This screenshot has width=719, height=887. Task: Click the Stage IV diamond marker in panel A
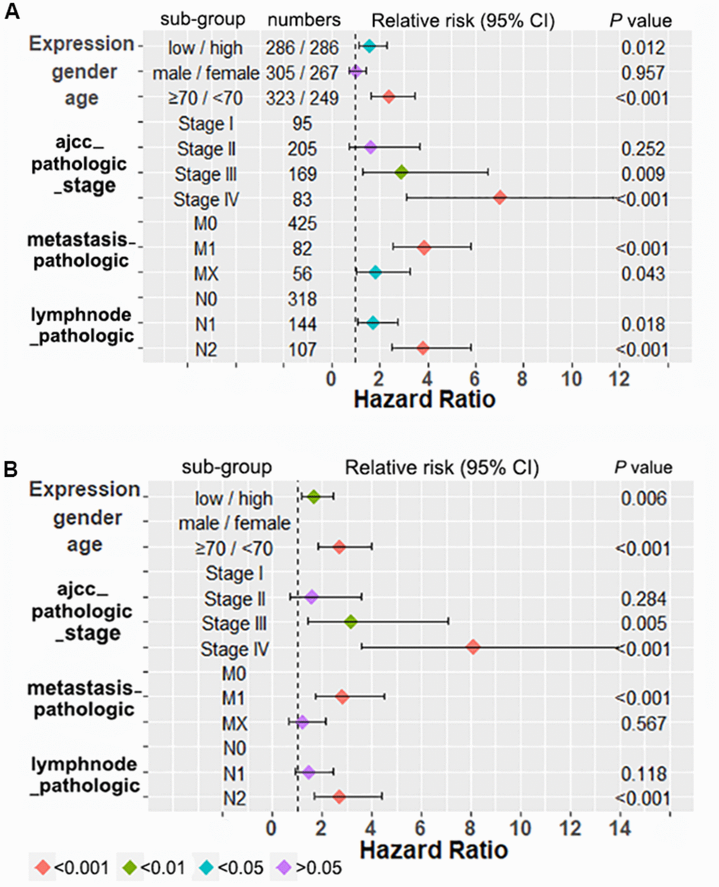[500, 198]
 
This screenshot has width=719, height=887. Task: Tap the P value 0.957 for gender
[642, 73]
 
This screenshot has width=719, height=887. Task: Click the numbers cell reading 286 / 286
[302, 48]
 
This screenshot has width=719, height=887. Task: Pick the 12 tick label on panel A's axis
[620, 378]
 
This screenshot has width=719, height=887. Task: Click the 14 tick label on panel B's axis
[621, 826]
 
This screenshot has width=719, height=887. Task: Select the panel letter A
[11, 14]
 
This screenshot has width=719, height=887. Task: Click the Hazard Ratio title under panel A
[424, 399]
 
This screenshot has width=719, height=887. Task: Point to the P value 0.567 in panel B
[643, 723]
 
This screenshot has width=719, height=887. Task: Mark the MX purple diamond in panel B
[302, 723]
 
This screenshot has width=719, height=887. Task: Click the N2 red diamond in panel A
[422, 348]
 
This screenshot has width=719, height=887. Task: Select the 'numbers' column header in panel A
[304, 20]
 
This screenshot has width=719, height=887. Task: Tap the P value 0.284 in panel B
[643, 598]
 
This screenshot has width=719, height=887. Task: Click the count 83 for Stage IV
[302, 200]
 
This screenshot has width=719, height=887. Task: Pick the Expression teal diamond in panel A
[369, 47]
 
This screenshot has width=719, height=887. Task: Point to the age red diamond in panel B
[339, 547]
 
